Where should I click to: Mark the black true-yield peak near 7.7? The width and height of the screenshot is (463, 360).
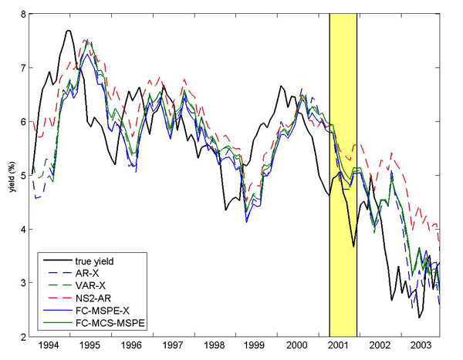point(68,31)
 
